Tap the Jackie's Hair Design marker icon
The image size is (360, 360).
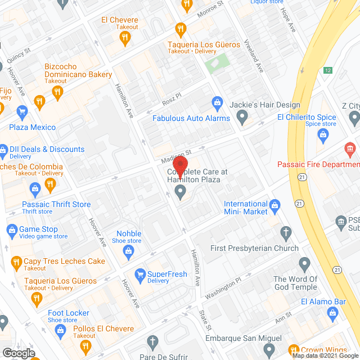242,118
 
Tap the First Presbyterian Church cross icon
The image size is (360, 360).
286,233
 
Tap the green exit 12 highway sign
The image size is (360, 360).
327,70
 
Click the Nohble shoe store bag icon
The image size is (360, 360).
129,251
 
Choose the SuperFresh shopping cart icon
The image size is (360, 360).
138,274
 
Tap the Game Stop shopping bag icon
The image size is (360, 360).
11,229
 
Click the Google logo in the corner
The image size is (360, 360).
18,353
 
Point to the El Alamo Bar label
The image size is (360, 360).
323,301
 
